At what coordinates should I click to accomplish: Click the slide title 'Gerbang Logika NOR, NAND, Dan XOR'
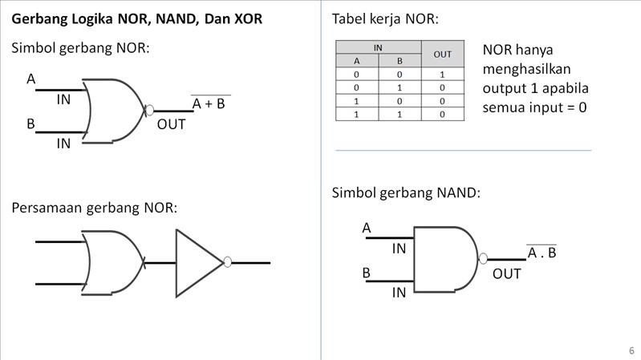(136, 18)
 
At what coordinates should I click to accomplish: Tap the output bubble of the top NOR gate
(149, 111)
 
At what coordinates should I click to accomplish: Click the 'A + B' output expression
(209, 103)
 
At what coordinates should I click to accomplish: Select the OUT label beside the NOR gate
(171, 124)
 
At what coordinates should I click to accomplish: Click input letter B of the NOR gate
(31, 124)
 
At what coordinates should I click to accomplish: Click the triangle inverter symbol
(197, 262)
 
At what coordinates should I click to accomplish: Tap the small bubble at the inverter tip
(228, 262)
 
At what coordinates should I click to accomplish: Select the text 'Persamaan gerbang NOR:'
(95, 208)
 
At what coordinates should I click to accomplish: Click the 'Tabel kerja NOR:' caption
(385, 19)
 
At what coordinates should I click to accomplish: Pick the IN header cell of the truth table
(378, 48)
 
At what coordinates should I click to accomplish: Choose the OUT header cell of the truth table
(442, 55)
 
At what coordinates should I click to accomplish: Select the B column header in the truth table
(399, 61)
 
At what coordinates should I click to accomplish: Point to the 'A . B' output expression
(542, 253)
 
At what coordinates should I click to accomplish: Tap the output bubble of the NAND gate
(483, 259)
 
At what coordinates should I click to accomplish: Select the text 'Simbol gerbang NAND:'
(406, 193)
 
